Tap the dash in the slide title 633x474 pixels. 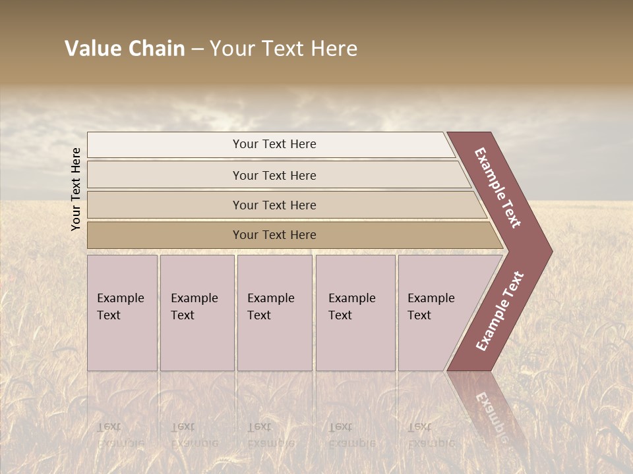click(x=197, y=49)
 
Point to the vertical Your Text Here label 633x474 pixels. click(x=76, y=189)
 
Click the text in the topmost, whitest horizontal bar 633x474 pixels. click(x=274, y=144)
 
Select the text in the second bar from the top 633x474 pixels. click(x=274, y=175)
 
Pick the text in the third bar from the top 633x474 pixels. click(x=274, y=205)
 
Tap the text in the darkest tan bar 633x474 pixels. click(x=274, y=234)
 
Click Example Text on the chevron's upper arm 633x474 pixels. click(x=498, y=188)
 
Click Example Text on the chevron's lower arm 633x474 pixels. click(x=499, y=311)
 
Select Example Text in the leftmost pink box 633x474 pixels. click(x=120, y=306)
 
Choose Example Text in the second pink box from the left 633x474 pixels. click(x=194, y=306)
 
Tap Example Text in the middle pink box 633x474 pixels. click(x=270, y=306)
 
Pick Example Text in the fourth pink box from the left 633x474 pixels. click(x=351, y=306)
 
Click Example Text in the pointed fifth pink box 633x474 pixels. click(x=431, y=306)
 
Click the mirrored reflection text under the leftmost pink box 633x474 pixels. click(x=120, y=435)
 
